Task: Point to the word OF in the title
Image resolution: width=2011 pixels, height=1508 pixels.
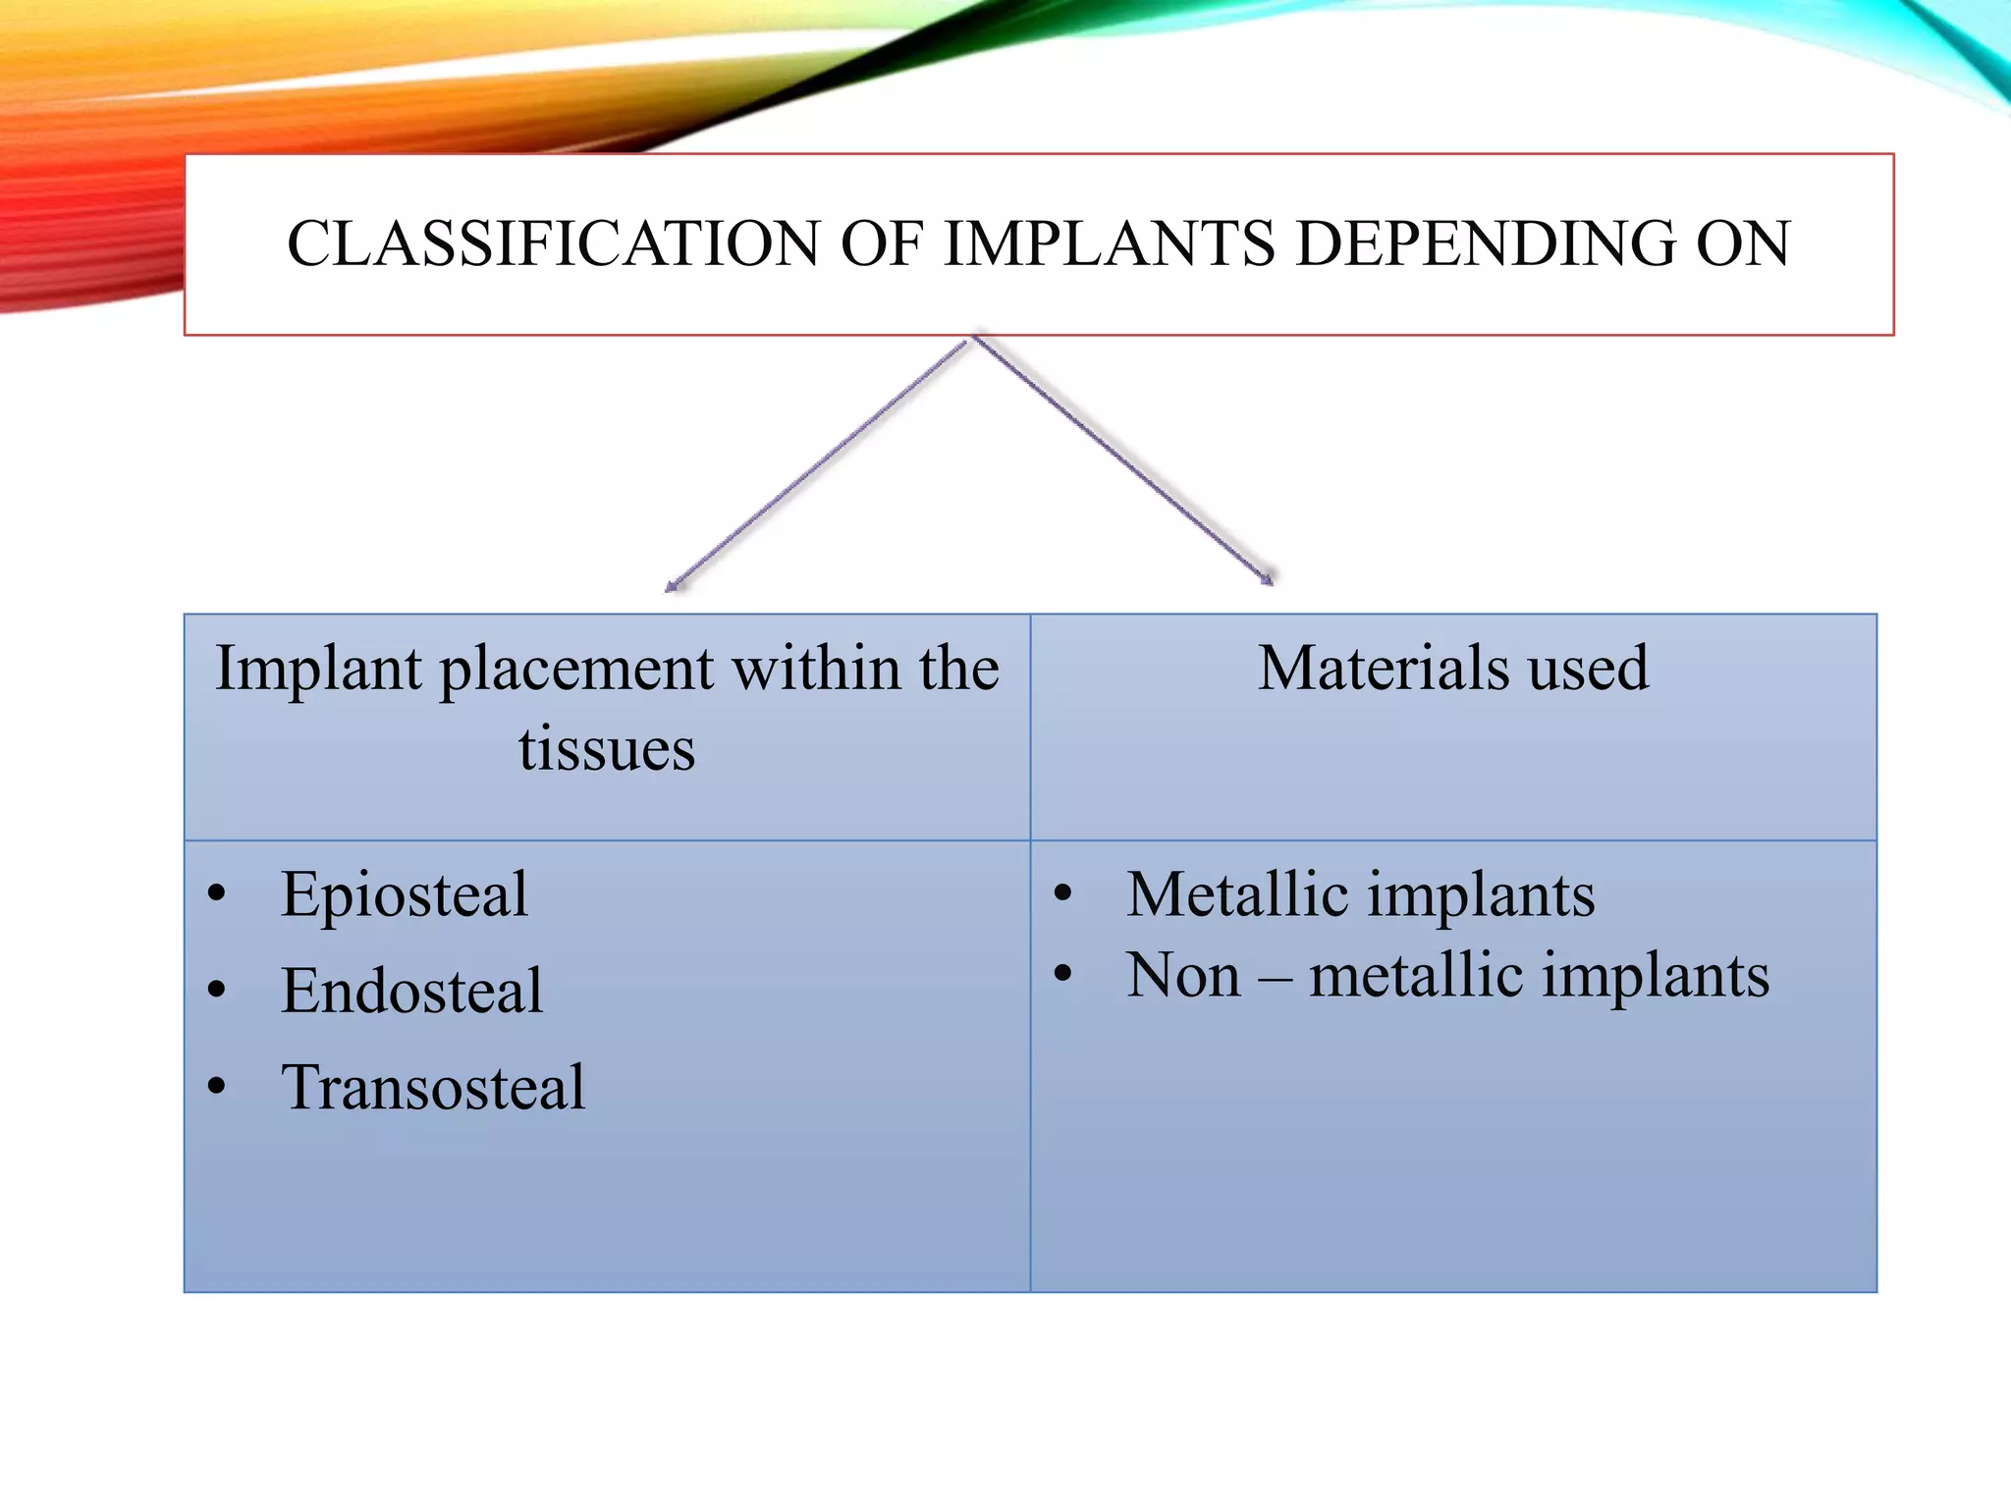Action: (x=880, y=243)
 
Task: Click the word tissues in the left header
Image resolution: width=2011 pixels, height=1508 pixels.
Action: (x=607, y=750)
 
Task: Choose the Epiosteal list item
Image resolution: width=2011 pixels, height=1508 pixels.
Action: (x=404, y=895)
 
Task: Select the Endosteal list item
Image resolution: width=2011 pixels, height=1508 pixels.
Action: (x=411, y=991)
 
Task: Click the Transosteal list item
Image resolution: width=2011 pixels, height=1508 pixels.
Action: (x=433, y=1088)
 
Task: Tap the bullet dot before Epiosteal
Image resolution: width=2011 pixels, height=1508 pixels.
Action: (x=217, y=894)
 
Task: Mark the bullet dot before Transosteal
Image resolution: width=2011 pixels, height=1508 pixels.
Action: (x=217, y=1087)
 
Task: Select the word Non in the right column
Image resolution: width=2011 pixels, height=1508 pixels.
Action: (x=1183, y=976)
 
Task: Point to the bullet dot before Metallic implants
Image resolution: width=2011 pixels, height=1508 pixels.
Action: (x=1062, y=894)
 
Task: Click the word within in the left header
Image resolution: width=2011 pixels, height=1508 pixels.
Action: (x=817, y=669)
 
